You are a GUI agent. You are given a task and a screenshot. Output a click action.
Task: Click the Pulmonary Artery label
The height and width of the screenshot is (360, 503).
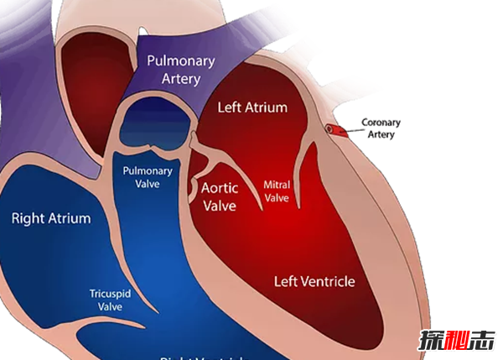pos(181,70)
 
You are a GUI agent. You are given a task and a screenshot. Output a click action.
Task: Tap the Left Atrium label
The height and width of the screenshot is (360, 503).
pos(252,107)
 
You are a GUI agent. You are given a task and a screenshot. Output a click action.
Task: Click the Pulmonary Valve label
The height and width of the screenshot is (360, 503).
pos(148,178)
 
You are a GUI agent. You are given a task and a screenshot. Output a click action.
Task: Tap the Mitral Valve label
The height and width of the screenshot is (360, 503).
pos(277,190)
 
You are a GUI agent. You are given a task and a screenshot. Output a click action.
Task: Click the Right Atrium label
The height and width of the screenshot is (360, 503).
pos(50,218)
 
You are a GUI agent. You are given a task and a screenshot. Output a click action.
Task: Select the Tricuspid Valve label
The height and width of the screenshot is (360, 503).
pos(106,300)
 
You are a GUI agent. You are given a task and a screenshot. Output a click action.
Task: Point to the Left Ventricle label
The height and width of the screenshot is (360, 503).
pos(314,280)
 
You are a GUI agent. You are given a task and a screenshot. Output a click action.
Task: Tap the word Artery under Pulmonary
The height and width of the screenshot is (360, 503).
pos(181,79)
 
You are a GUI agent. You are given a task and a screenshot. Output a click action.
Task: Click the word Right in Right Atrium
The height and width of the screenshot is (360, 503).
pos(28,218)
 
